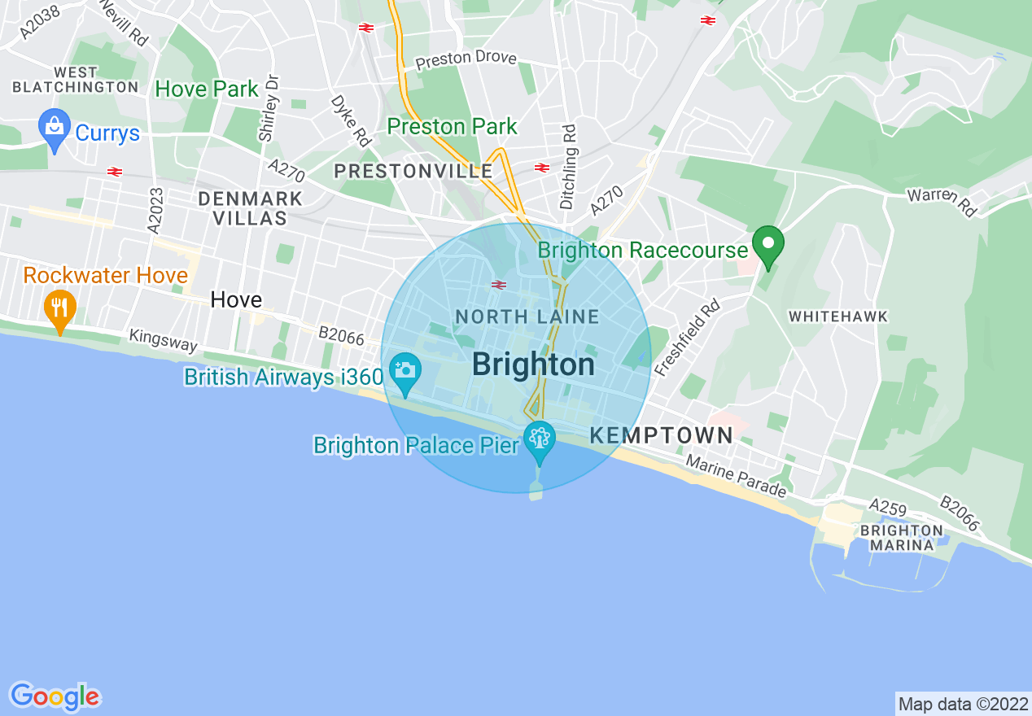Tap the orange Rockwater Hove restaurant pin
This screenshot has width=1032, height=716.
coord(59,308)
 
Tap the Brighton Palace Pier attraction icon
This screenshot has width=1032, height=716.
coord(538,439)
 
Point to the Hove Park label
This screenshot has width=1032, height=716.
coord(207,89)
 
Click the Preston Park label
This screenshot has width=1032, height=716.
coord(452,127)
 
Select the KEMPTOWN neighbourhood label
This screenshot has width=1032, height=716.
coord(661,435)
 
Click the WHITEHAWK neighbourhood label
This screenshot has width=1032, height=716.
coord(837,316)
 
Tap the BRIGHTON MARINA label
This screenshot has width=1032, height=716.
coord(901,538)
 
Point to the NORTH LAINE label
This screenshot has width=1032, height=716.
coord(527,317)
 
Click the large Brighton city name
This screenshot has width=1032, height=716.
coord(533,365)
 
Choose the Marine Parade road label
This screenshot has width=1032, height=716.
coord(736,476)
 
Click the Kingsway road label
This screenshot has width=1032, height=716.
coord(163,340)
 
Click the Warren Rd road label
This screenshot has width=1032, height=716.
coord(942,201)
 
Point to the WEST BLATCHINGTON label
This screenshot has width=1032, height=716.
coord(76,80)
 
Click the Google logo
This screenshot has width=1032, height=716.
coord(55,696)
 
